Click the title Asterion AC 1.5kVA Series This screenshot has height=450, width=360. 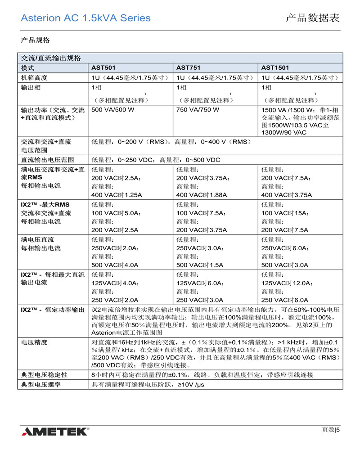click(85, 18)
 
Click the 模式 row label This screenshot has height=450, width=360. click(27, 67)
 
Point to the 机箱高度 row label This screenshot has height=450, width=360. click(34, 77)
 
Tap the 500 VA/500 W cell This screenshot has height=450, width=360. click(112, 109)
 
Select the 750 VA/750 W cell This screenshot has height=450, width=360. click(198, 109)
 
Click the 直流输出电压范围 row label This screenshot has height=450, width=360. click(47, 160)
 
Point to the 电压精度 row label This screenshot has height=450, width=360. click(34, 342)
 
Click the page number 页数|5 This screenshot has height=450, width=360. click(331, 429)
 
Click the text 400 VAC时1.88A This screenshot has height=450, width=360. click(201, 195)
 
